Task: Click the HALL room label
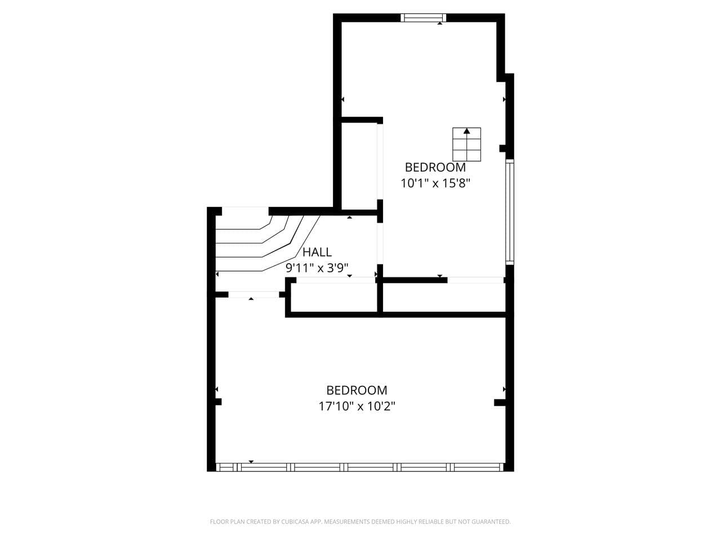click(x=317, y=252)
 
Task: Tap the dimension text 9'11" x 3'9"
click(x=317, y=268)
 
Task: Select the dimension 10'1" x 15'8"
click(x=435, y=183)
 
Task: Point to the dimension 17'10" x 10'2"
click(x=357, y=406)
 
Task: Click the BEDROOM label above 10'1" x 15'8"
click(x=435, y=168)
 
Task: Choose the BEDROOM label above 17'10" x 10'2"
click(x=357, y=390)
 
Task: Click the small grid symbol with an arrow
click(x=466, y=144)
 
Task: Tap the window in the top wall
click(x=424, y=17)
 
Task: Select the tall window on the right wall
click(x=509, y=212)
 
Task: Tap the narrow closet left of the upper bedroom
click(x=359, y=166)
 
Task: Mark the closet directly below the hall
click(x=333, y=298)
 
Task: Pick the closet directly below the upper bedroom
click(x=444, y=298)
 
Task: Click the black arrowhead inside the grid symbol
click(x=467, y=131)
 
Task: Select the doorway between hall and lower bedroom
click(x=253, y=294)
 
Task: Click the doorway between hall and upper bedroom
click(x=380, y=244)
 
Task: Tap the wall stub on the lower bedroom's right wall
click(x=500, y=402)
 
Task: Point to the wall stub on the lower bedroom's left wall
click(x=219, y=402)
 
